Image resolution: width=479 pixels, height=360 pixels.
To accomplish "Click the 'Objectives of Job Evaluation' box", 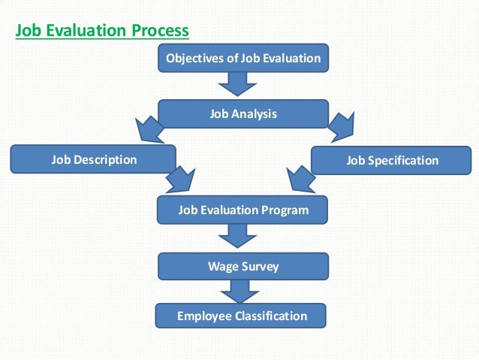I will [243, 58].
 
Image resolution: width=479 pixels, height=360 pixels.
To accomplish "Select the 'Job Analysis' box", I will [243, 114].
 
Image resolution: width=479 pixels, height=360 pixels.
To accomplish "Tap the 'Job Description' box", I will [94, 159].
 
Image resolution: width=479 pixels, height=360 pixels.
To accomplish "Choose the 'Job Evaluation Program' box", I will [243, 210].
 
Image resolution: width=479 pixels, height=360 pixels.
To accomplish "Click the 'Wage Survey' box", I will [243, 266].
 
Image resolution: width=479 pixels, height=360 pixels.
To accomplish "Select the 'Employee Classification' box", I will [242, 316].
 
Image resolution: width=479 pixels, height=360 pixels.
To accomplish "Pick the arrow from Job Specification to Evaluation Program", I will [300, 180].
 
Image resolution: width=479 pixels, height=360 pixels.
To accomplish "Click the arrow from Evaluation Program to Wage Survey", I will [238, 237].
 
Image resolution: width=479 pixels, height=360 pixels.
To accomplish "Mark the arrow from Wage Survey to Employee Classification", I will [239, 291].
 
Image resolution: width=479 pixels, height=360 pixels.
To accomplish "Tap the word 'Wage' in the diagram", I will [222, 266].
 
